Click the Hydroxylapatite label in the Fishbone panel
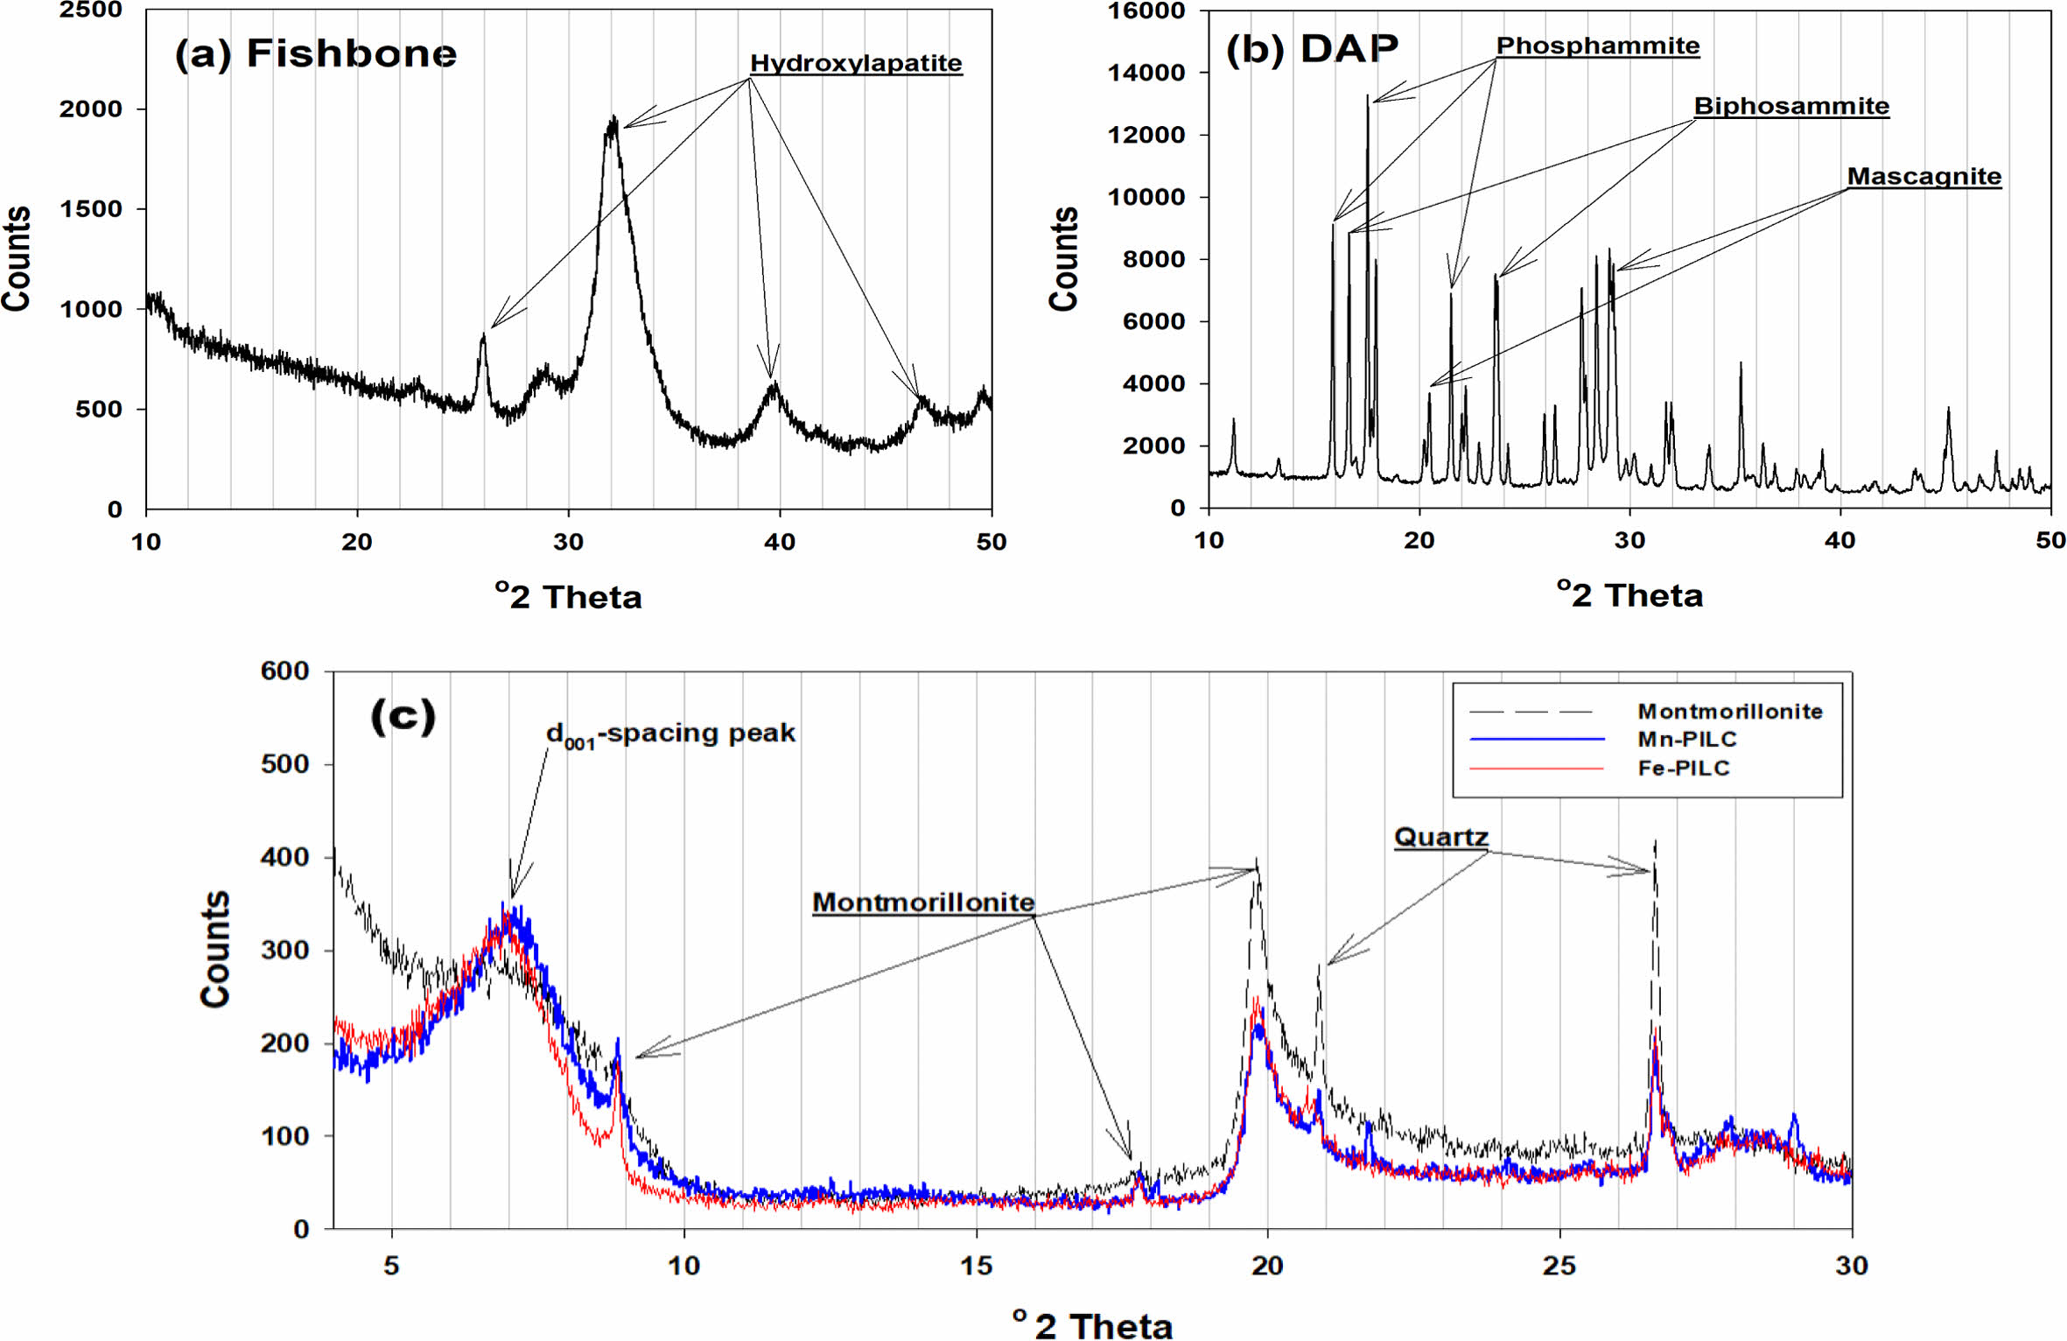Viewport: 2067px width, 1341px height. (856, 63)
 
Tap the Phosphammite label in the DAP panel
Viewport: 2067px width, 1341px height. (1597, 46)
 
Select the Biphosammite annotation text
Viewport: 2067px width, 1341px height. (1791, 106)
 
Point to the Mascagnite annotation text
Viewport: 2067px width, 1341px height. (1923, 176)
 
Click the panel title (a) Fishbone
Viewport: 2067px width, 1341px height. (315, 53)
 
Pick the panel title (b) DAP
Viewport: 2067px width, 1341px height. (1311, 48)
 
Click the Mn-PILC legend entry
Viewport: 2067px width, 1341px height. (1686, 739)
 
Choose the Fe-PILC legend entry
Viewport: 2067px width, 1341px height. (1684, 768)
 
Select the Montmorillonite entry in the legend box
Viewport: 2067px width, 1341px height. (1729, 711)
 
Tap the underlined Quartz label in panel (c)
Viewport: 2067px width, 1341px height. (1440, 837)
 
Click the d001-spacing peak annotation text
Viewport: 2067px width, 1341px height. (670, 734)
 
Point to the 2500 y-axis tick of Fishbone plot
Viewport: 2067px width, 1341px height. (90, 11)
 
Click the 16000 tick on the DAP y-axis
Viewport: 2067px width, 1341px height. (1146, 11)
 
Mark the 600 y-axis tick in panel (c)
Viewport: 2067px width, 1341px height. (284, 671)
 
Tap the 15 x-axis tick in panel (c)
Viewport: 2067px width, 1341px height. (976, 1265)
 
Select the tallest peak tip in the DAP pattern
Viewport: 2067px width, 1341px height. (1367, 96)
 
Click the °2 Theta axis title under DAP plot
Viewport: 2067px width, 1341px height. (1629, 595)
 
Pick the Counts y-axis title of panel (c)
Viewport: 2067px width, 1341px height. (214, 949)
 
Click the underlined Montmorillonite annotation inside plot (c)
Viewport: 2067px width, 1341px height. (923, 902)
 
